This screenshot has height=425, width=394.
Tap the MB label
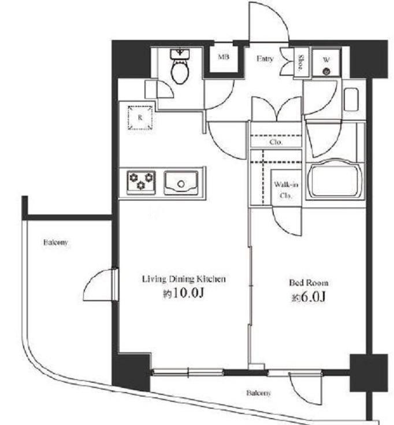pos(224,57)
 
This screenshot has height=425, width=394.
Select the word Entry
pos(265,58)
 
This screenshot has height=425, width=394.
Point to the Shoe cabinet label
pos(301,63)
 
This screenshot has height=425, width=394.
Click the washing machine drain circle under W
pos(326,72)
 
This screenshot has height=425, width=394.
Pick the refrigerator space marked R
pos(140,118)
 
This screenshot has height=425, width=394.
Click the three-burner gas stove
pos(141,182)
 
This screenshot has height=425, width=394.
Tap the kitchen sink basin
pos(181,183)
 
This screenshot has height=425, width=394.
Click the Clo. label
pos(276,142)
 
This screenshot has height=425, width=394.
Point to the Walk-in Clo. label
pos(286,190)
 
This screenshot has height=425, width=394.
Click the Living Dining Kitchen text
pos(184,279)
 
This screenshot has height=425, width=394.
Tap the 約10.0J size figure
pos(183,293)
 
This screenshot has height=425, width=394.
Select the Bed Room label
pos(308,283)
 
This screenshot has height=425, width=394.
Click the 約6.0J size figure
pos(308,297)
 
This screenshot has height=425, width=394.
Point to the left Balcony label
pos(55,242)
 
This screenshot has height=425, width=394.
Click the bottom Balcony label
pos(259,393)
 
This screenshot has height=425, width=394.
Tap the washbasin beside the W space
pos(351,99)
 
